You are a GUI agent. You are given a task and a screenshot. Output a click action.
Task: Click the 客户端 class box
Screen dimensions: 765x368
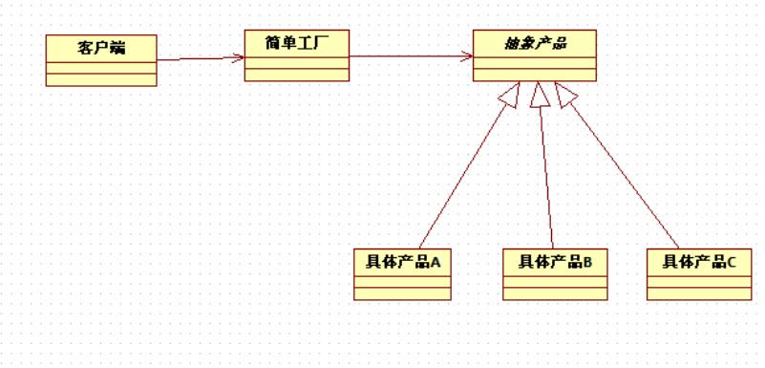[101, 60]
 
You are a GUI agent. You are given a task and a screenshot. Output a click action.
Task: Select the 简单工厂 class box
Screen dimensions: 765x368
[297, 55]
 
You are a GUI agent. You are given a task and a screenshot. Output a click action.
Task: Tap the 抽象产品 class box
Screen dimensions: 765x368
[534, 55]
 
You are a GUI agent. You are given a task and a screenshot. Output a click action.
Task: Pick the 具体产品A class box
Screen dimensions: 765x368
[402, 274]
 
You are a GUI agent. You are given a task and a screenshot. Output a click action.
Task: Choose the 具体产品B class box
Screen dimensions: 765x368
[555, 274]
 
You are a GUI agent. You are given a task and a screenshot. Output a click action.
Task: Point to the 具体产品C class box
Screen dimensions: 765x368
[698, 274]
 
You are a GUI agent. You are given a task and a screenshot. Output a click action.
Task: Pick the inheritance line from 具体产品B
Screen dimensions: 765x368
[546, 172]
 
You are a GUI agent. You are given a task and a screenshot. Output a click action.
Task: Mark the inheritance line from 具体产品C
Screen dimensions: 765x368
[625, 172]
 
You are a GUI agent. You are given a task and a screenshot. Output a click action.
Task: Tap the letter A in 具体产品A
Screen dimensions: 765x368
[435, 261]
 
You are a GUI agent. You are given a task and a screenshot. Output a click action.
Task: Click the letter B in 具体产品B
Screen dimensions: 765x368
[586, 261]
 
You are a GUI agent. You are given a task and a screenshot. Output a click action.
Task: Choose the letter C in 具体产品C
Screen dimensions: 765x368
[731, 261]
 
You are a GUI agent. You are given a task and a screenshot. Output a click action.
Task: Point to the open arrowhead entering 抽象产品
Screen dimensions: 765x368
[467, 55]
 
